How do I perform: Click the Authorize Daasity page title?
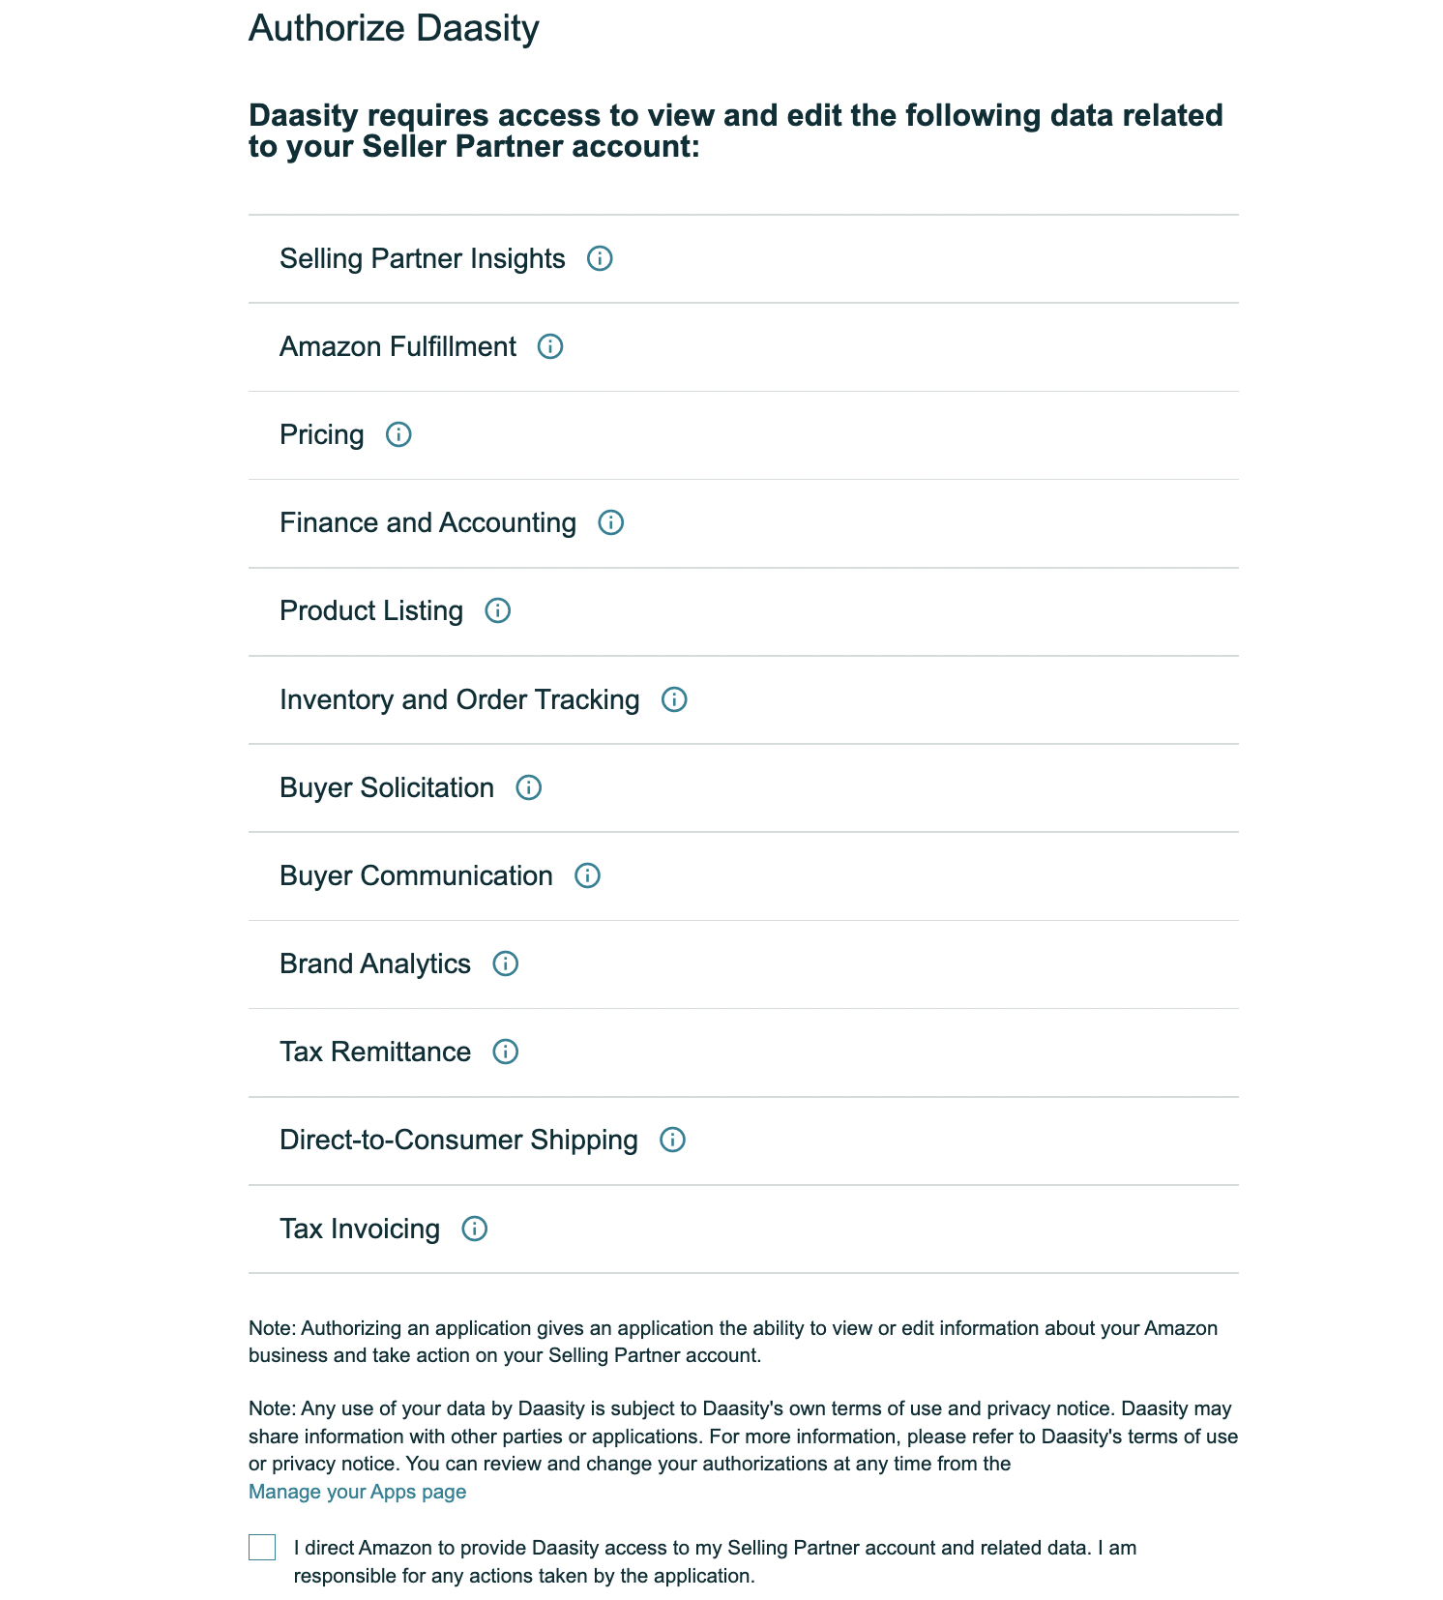click(x=394, y=28)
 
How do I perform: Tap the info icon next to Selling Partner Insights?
click(x=600, y=258)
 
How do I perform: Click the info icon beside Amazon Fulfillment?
click(x=550, y=346)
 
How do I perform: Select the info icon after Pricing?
click(x=398, y=434)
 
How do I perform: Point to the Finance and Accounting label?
click(x=427, y=522)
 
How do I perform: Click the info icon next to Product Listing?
click(x=497, y=610)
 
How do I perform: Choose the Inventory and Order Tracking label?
click(x=459, y=699)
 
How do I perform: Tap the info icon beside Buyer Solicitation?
click(x=528, y=787)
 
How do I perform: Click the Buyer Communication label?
click(x=416, y=875)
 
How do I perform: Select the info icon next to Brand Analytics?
click(x=505, y=963)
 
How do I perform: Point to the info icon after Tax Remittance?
click(x=505, y=1052)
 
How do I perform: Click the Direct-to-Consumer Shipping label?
click(x=458, y=1140)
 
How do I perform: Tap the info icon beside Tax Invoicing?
click(x=474, y=1229)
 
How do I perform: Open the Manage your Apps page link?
click(x=357, y=1492)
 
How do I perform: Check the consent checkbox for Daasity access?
click(x=262, y=1548)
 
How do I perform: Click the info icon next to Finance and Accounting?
click(x=610, y=522)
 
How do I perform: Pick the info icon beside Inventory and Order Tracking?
click(x=674, y=699)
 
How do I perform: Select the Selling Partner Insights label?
click(x=422, y=258)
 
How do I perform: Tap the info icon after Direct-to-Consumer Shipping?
click(x=672, y=1140)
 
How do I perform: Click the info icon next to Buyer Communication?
click(x=587, y=875)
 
